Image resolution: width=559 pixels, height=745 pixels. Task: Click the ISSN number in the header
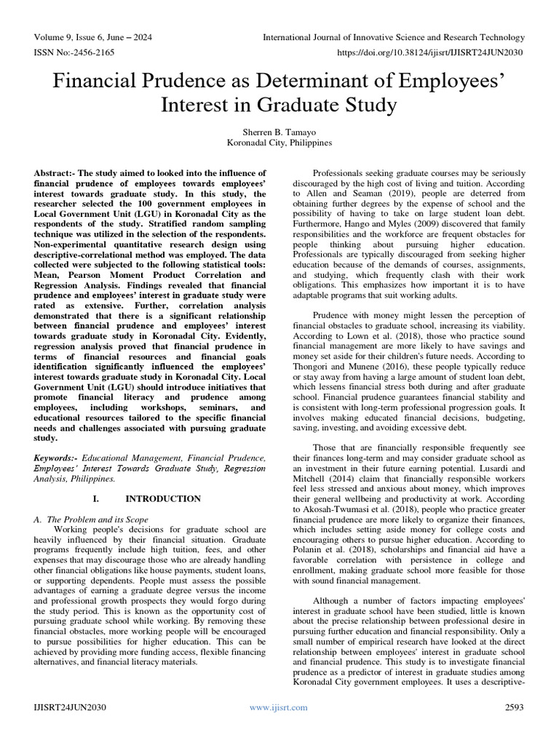[x=72, y=53]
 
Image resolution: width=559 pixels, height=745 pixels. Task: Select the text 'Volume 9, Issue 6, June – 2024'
[x=97, y=36]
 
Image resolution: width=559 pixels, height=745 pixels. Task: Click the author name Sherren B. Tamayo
[x=279, y=131]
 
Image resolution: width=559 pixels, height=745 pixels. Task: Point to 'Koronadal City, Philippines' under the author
[x=279, y=143]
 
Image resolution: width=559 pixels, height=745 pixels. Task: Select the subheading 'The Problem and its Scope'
[x=97, y=519]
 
